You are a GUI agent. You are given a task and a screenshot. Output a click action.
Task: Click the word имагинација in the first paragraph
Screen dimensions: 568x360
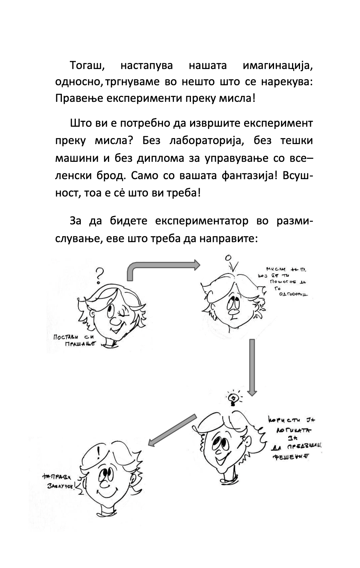[278, 66]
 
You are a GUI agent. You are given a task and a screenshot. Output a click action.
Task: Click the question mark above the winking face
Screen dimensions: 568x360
[100, 275]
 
